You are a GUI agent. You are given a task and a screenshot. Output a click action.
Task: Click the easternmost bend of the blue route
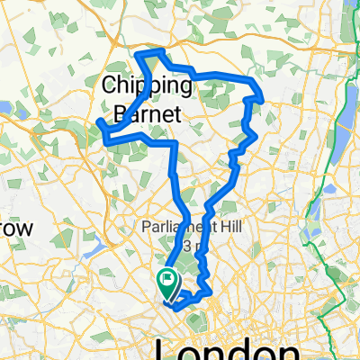click(x=262, y=94)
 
